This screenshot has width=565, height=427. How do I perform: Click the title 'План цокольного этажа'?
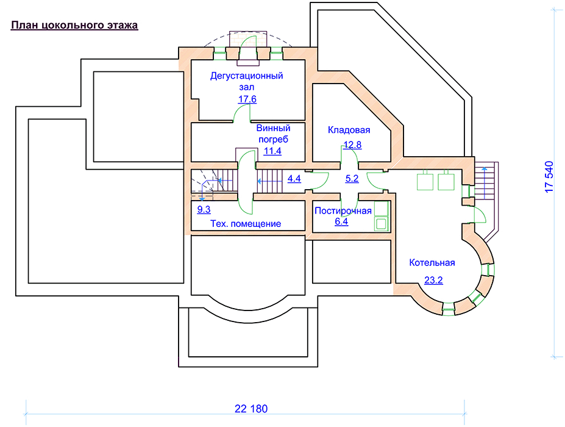coord(74,26)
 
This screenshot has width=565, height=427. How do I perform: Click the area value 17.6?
coord(247,99)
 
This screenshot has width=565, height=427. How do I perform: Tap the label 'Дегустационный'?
coord(247,76)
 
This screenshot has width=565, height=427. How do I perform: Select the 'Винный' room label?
coord(273,128)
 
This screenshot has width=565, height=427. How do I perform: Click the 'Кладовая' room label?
coord(349,130)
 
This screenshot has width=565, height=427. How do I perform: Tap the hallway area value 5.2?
coord(352,179)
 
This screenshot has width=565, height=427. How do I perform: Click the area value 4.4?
coord(294,179)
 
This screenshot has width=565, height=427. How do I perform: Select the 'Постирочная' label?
coord(343,211)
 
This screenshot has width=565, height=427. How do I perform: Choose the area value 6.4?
coord(341,222)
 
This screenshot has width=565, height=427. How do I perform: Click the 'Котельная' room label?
coord(433,263)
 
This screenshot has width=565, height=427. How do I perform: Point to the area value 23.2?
coord(433,281)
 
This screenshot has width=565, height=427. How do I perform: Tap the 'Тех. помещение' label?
coord(246,224)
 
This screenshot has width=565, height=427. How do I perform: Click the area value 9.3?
coord(204,209)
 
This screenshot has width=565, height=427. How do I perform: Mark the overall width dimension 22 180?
coord(251,408)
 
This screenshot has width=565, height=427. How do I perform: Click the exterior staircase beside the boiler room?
coord(486,182)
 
